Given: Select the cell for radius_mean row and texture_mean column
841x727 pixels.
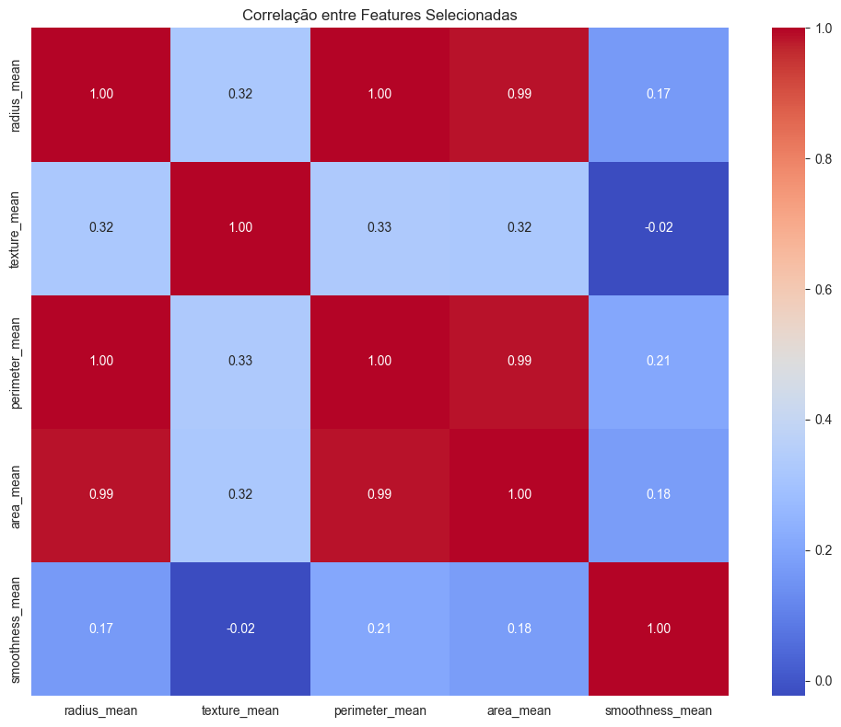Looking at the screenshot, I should click(x=240, y=94).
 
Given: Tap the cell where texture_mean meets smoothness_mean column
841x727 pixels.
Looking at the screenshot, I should click(x=658, y=227).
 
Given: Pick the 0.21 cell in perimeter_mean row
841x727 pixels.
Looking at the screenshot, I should click(x=658, y=361).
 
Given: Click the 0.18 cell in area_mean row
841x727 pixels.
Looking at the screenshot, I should click(x=658, y=494).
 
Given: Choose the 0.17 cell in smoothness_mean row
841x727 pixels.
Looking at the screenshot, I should click(x=101, y=628).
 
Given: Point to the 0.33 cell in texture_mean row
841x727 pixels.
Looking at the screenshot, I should click(x=380, y=227).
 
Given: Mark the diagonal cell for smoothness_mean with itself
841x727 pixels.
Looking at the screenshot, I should click(x=658, y=628).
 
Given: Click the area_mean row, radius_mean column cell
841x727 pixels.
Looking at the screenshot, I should click(x=101, y=494).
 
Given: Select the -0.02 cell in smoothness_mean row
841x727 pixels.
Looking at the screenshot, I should click(x=240, y=628).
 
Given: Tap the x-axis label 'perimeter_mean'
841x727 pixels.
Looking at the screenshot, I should click(x=380, y=710).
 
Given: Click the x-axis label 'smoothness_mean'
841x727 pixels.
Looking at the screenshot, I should click(x=658, y=710).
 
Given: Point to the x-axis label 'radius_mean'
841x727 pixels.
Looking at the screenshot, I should click(x=101, y=710).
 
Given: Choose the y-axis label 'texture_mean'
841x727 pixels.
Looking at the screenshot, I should click(x=18, y=227).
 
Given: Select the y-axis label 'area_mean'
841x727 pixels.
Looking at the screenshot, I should click(x=18, y=494).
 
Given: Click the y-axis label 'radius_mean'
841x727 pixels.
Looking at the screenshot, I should click(x=18, y=94).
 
